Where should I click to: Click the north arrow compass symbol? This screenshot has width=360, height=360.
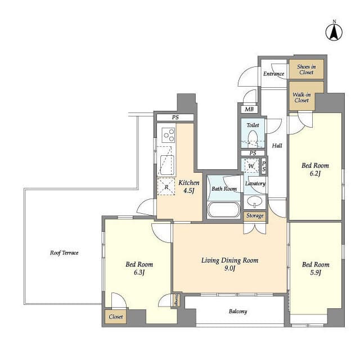tap(334, 32)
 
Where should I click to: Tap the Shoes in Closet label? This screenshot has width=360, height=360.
tap(306, 69)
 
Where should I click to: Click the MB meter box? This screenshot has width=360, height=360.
tap(249, 109)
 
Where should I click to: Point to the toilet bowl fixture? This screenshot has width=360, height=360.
tap(253, 138)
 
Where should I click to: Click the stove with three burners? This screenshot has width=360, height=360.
tap(169, 135)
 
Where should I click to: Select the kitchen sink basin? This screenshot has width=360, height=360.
tap(167, 165)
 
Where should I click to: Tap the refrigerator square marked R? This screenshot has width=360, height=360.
tap(166, 186)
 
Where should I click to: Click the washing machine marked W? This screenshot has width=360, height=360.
tap(251, 166)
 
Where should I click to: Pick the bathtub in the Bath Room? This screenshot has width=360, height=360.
tap(224, 209)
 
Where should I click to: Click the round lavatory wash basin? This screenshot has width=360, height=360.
tap(255, 201)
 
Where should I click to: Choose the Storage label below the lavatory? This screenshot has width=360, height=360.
tap(255, 216)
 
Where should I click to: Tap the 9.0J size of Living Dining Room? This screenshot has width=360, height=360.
tap(230, 268)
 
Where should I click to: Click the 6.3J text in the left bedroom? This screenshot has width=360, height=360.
tap(139, 272)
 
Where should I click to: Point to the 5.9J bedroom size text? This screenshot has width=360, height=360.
tap(316, 272)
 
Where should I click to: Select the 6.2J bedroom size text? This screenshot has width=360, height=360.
tap(315, 173)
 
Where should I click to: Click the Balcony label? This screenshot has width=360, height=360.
tap(238, 311)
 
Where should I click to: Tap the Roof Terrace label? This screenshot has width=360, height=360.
tap(64, 253)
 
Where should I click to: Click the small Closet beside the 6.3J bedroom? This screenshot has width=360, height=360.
tap(116, 317)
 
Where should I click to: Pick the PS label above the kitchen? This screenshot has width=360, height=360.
tap(175, 118)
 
